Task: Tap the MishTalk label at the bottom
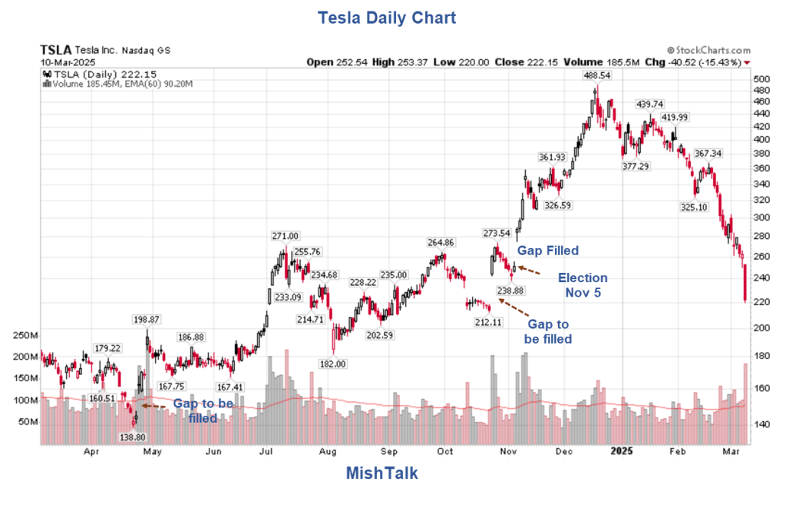(x=381, y=473)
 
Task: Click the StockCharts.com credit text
(x=708, y=50)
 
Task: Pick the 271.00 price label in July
(x=285, y=236)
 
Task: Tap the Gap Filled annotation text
(x=547, y=251)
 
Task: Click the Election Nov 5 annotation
(x=582, y=285)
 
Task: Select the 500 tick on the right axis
(x=761, y=79)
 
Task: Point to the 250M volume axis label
(x=25, y=336)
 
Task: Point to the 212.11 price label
(x=487, y=322)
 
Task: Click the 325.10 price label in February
(x=693, y=207)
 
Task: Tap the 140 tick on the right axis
(x=761, y=424)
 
